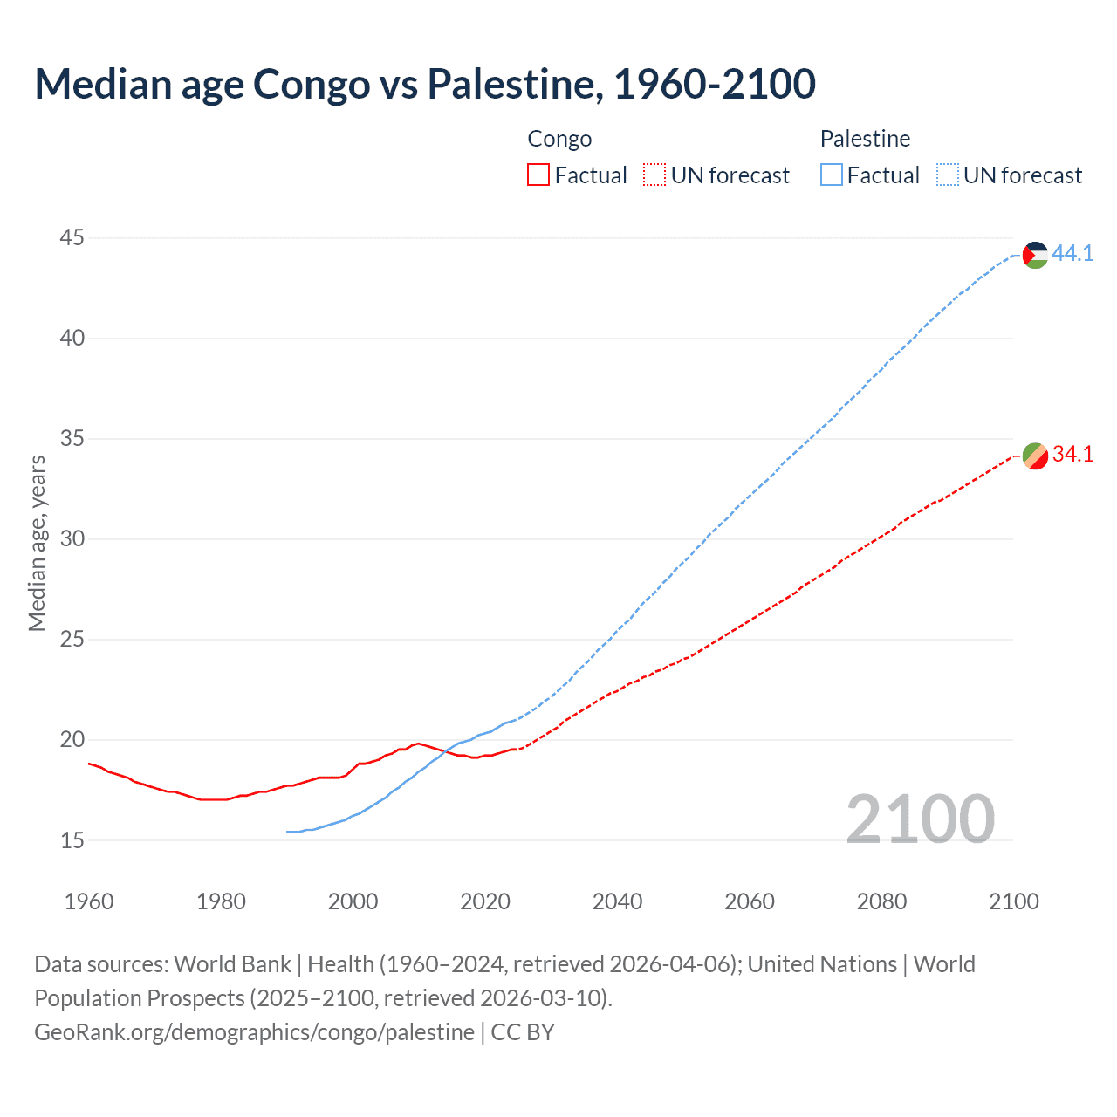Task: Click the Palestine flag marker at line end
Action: tap(1035, 255)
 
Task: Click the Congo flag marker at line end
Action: tap(1035, 456)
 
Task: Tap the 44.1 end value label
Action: tap(1072, 253)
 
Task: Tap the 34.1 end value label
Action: tap(1072, 454)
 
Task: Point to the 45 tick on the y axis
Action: tap(72, 237)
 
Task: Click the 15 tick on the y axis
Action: tap(72, 840)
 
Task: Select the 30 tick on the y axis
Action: tap(72, 538)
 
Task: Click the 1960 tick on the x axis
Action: tap(89, 901)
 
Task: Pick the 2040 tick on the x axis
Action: tap(617, 901)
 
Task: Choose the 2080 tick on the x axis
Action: tap(881, 901)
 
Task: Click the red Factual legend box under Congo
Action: tap(538, 175)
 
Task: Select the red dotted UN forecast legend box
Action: tap(654, 175)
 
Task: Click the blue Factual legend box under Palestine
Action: tap(831, 175)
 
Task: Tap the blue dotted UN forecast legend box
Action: tap(947, 175)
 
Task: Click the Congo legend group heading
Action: tap(559, 139)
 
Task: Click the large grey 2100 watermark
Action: tap(920, 819)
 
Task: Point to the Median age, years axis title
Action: tap(37, 543)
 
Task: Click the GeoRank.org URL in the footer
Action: tap(254, 1032)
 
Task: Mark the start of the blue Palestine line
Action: tap(287, 832)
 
